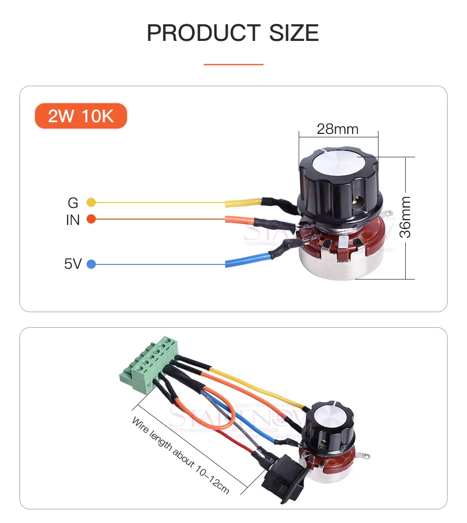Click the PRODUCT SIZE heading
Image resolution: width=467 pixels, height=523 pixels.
(x=233, y=33)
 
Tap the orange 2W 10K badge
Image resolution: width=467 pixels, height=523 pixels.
(x=81, y=116)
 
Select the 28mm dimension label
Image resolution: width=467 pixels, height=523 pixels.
(x=337, y=129)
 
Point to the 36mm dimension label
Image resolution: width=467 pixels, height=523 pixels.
(x=405, y=217)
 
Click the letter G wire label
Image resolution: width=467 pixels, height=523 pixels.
(x=73, y=202)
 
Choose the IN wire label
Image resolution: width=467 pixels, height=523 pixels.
(x=72, y=220)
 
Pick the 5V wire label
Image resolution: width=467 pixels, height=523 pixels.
(x=72, y=264)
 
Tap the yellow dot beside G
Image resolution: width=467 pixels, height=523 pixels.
(x=91, y=202)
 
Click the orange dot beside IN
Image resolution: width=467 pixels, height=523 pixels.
(x=91, y=219)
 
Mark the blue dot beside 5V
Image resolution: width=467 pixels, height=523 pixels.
(x=91, y=264)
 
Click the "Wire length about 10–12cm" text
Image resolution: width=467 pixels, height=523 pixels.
(x=180, y=455)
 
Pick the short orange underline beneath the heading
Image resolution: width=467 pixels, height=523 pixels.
(x=233, y=64)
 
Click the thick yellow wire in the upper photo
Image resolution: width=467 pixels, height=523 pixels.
(x=243, y=202)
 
